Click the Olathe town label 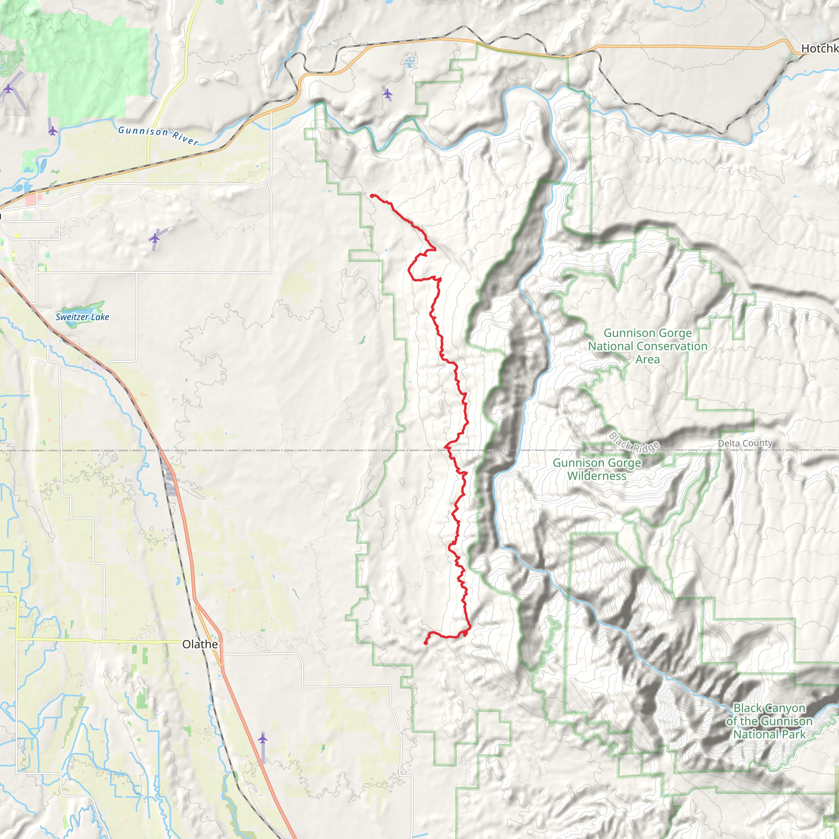point(200,644)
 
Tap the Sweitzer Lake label point(82,317)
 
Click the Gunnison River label point(158,135)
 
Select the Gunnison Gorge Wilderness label point(596,469)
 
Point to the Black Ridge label point(634,442)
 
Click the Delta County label point(745,443)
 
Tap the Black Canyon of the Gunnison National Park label point(769,721)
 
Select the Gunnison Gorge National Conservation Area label point(648,346)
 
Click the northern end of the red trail point(372,196)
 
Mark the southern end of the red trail point(425,643)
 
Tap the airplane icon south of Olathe point(262,738)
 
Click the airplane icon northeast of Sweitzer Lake point(154,238)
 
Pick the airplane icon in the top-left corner point(8,89)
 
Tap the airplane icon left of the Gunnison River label point(52,130)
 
